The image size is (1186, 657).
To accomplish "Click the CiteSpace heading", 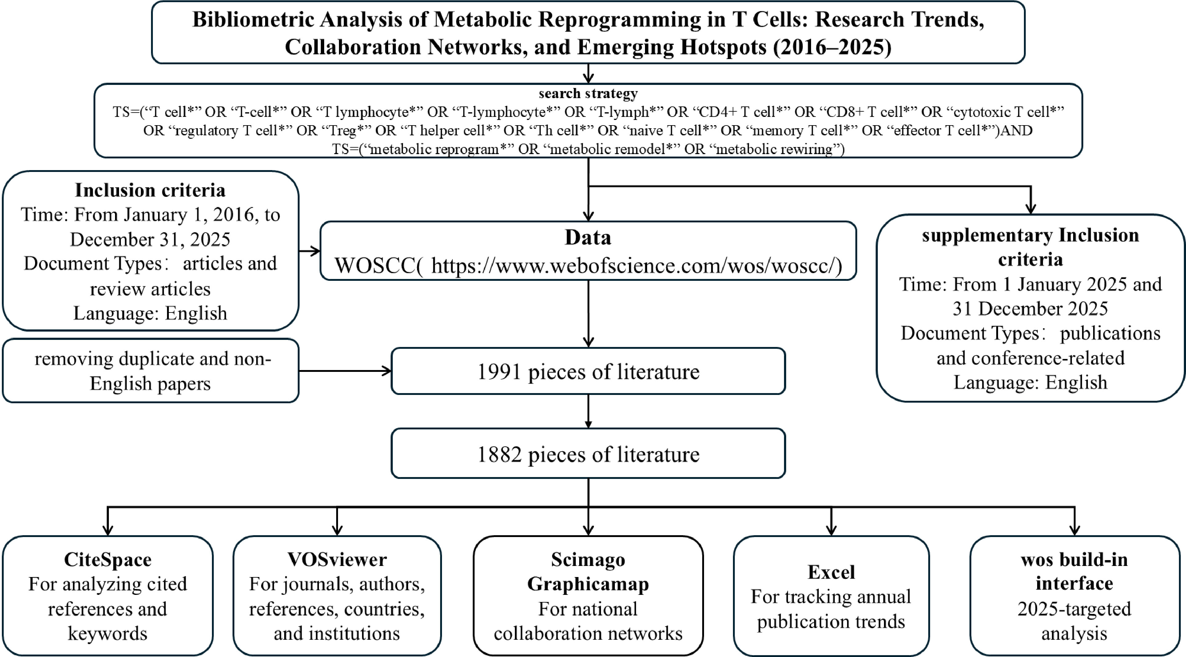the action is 107,560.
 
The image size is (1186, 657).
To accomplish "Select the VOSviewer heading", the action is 337,560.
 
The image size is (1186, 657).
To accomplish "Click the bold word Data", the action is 588,237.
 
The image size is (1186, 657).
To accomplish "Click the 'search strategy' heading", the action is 588,94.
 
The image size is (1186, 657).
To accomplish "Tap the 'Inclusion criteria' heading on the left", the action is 150,190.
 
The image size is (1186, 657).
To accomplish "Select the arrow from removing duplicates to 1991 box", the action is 345,371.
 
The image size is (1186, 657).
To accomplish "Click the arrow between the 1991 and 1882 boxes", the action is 588,411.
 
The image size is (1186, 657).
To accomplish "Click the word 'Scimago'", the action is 588,560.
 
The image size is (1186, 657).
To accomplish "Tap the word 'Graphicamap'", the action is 588,584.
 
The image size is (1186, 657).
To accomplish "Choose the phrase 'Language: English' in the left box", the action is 150,313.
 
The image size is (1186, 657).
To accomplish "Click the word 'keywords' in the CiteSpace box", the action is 107,634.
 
